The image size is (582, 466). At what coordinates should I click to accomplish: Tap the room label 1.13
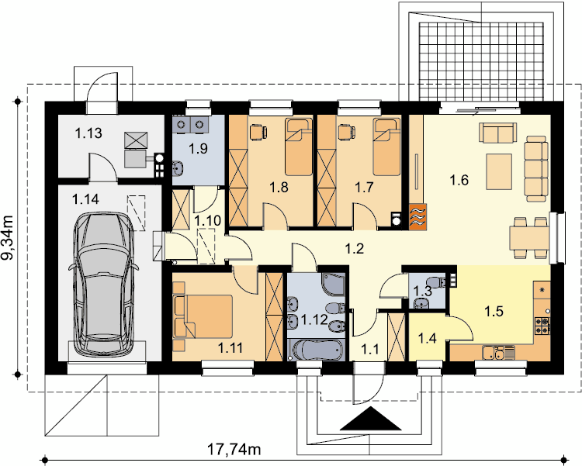88,133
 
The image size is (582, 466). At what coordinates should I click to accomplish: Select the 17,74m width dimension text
234,449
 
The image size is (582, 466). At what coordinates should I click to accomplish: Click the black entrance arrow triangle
371,419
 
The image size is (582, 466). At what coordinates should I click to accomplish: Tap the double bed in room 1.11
203,316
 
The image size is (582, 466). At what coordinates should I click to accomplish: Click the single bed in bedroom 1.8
299,147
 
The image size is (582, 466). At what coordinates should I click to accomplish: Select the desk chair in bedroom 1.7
347,132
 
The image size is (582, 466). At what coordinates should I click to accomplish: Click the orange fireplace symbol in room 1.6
417,216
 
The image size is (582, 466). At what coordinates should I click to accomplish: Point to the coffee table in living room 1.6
499,172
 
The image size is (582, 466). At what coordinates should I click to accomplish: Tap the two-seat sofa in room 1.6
497,133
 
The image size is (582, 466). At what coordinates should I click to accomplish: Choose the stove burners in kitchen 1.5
542,326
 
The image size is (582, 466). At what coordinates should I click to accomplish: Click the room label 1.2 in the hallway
355,249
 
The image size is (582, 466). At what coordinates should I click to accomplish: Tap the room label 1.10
208,221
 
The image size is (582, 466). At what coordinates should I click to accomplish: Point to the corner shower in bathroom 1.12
334,285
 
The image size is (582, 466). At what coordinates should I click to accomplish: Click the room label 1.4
428,338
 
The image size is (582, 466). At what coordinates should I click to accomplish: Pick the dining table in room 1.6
529,238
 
